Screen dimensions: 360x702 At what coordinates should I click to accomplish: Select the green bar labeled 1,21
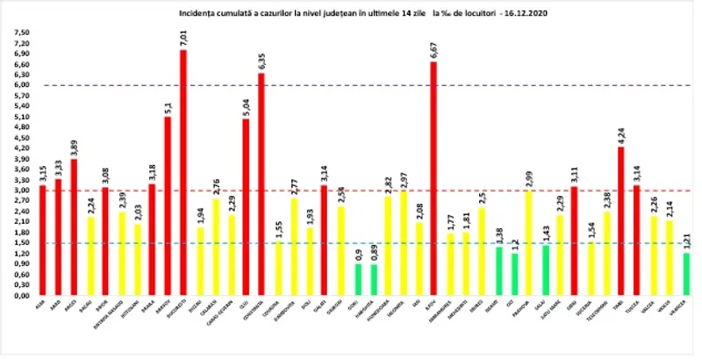[x=685, y=275]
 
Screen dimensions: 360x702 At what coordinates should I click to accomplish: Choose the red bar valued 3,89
[x=74, y=227]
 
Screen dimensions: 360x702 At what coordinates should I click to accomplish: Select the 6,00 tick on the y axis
[x=18, y=85]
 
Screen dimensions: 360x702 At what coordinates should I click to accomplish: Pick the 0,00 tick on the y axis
[x=18, y=296]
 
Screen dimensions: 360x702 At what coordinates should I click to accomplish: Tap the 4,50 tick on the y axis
[x=18, y=138]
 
